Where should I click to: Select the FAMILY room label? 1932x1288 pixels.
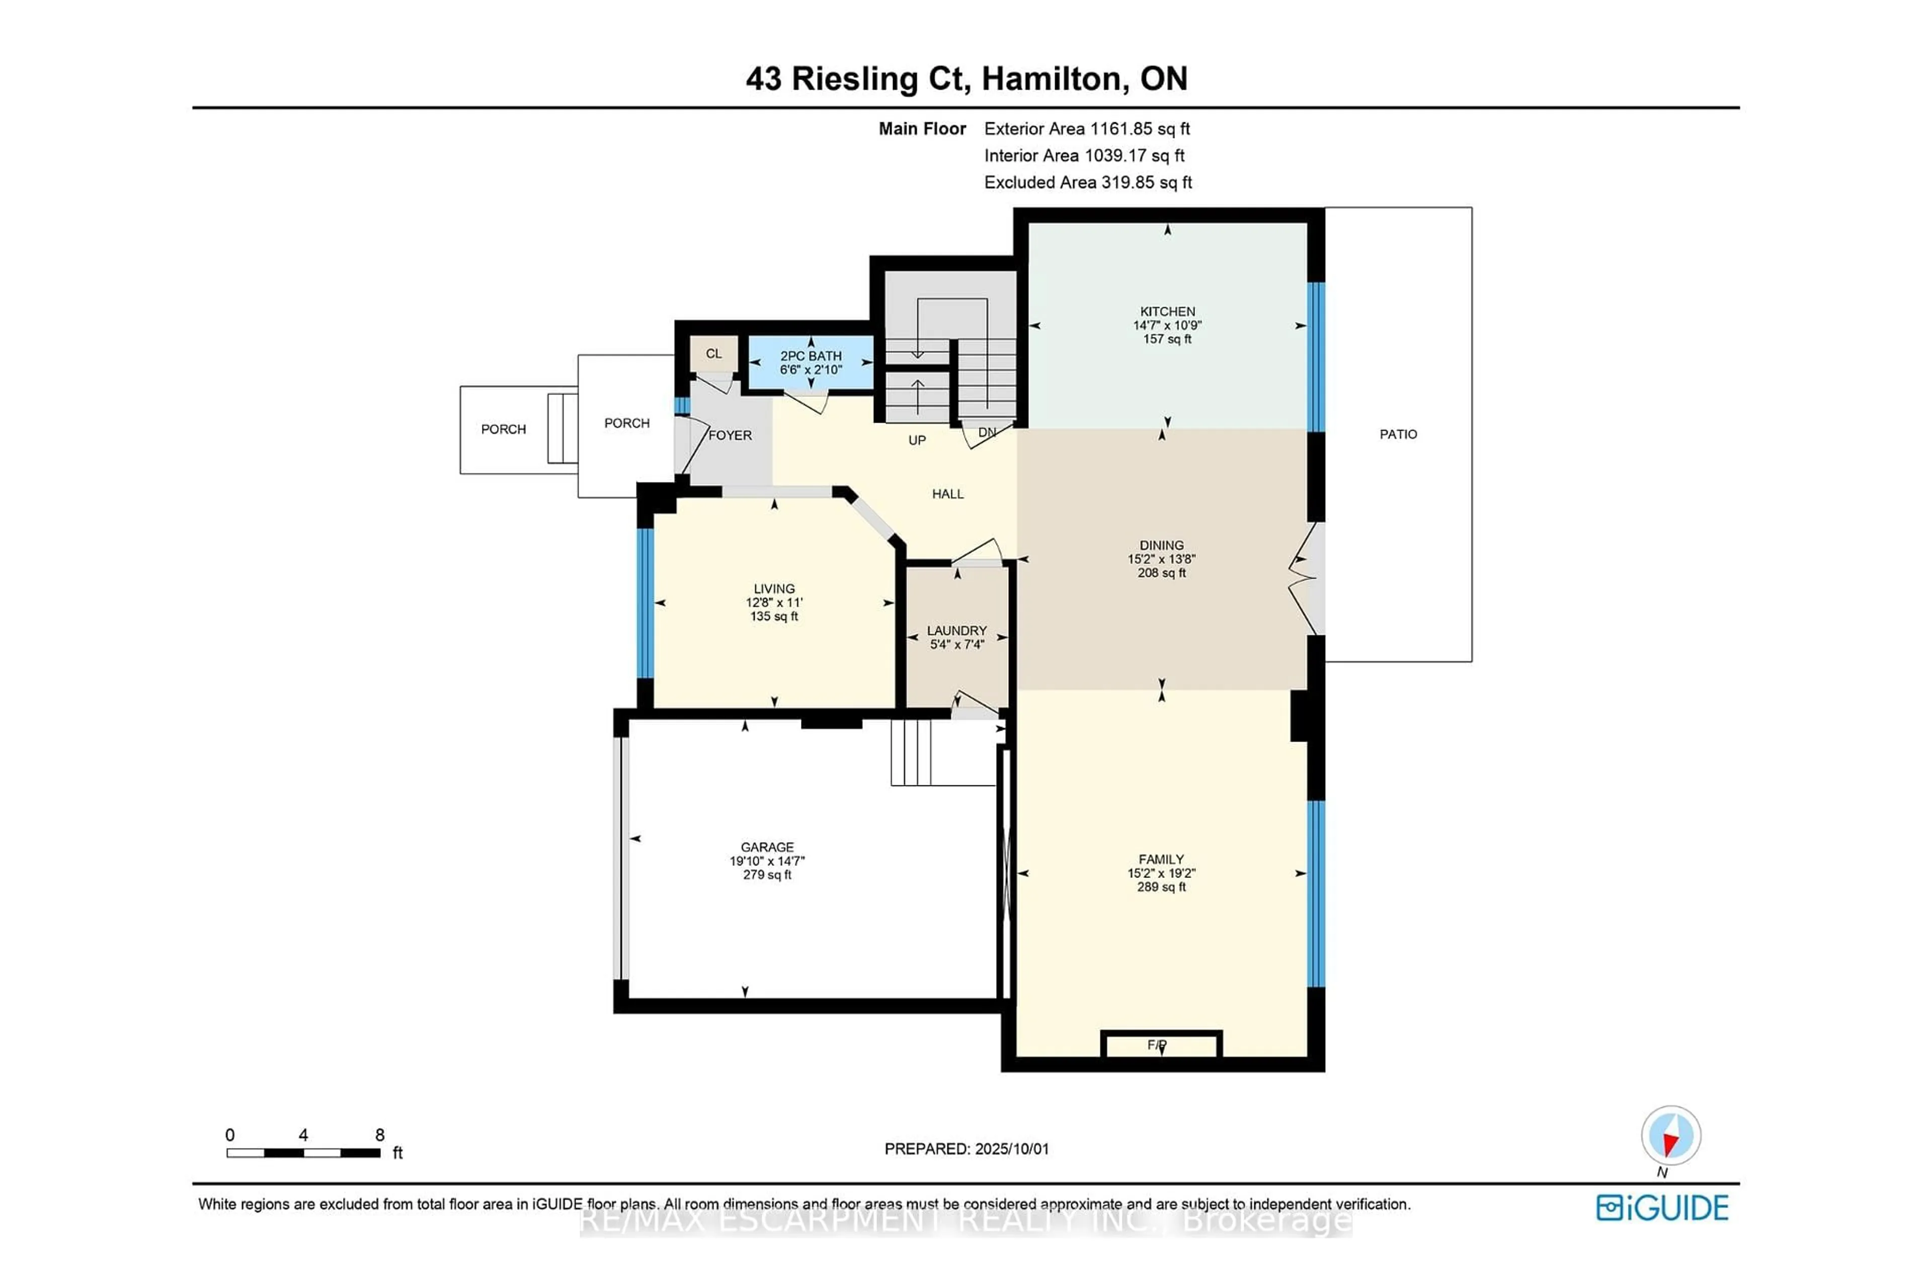pos(1161,859)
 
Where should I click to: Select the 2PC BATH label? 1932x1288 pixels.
pos(810,356)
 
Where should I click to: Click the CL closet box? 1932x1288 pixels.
pos(713,354)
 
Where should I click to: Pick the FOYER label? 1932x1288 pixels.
pos(730,435)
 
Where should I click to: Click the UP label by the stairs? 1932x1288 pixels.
pos(917,440)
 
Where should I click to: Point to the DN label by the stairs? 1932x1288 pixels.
pos(987,432)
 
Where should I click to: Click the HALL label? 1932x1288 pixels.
pos(947,494)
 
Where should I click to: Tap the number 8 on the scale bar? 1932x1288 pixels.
pos(379,1135)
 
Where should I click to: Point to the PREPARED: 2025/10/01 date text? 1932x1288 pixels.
pos(966,1149)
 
